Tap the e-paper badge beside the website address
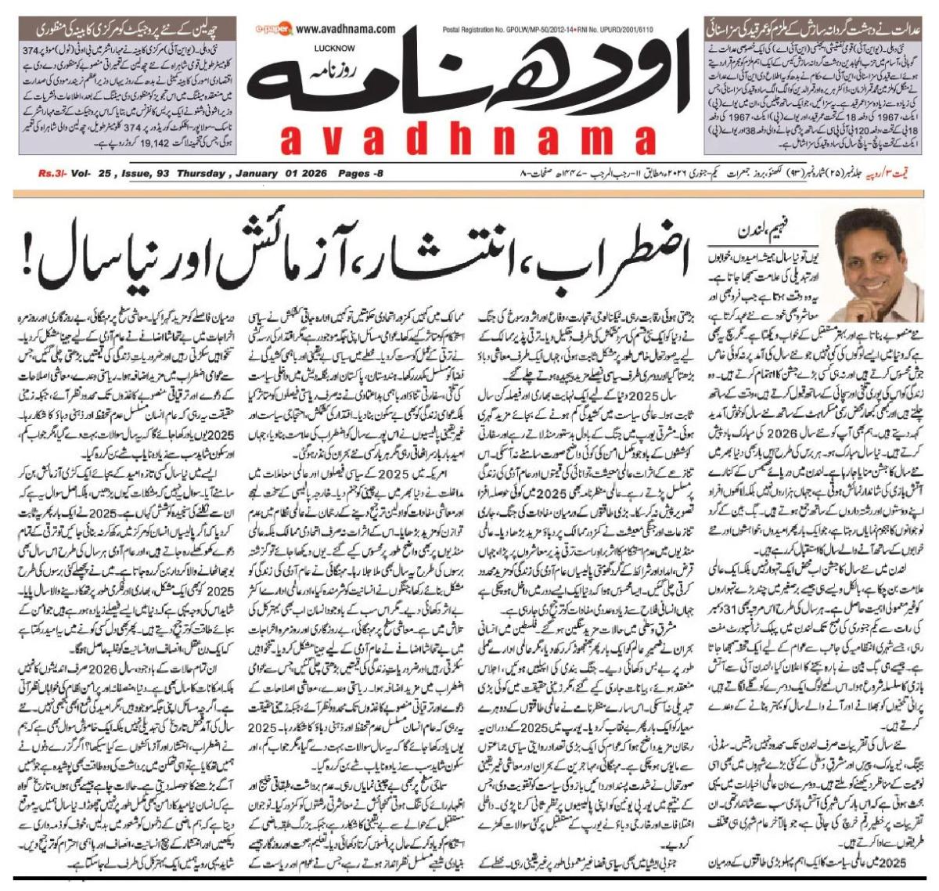point(281,30)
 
